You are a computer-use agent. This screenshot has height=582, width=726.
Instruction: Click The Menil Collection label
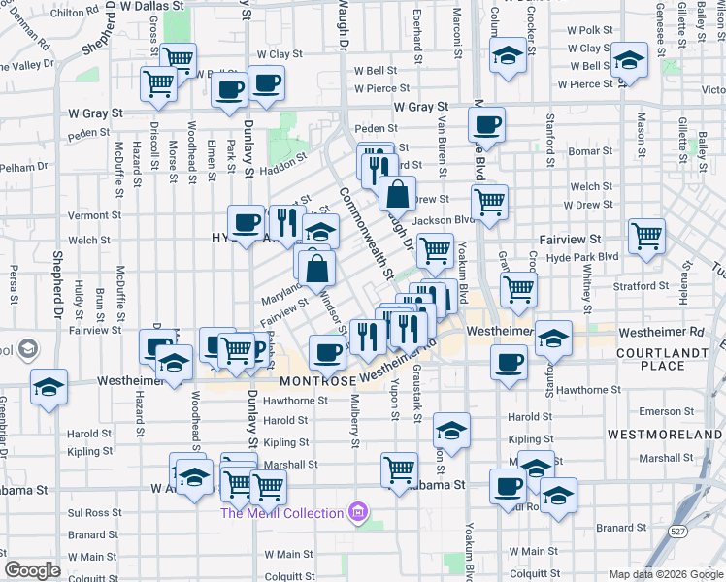click(x=281, y=513)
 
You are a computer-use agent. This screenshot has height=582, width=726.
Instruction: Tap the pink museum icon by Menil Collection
click(x=357, y=512)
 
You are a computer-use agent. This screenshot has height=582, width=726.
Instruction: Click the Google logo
click(x=32, y=570)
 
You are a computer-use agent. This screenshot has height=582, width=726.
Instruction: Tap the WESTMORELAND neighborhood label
click(x=665, y=433)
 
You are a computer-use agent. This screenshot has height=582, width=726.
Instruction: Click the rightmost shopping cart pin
click(x=646, y=236)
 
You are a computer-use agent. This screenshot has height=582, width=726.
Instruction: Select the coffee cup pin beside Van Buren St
click(x=486, y=125)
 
